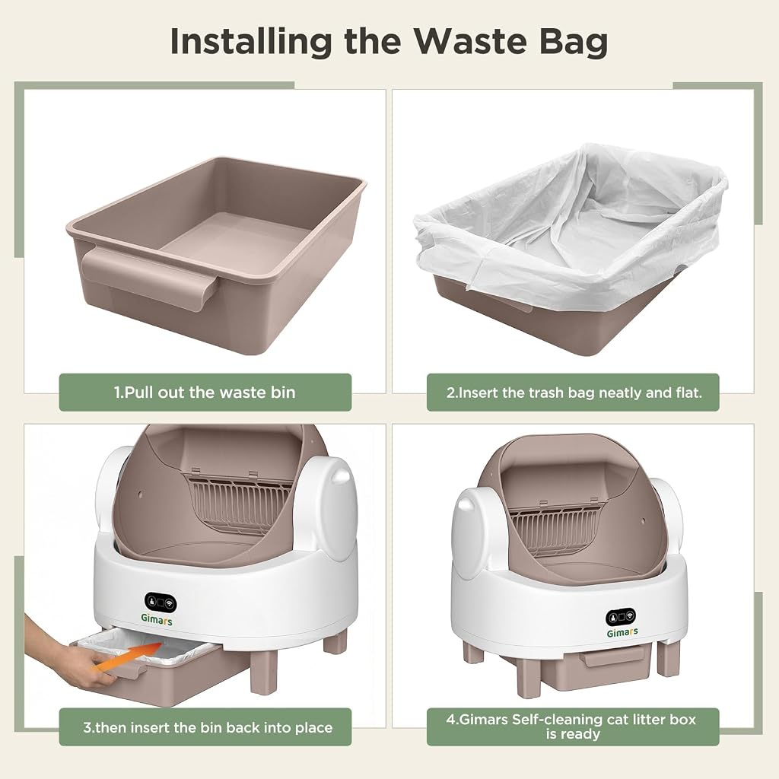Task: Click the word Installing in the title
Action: click(251, 43)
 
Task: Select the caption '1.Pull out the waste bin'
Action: click(205, 393)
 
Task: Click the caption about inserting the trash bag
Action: click(574, 393)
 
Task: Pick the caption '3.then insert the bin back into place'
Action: click(208, 727)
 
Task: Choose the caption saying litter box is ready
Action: click(572, 727)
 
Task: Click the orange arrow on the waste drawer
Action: click(129, 657)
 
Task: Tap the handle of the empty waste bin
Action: click(150, 278)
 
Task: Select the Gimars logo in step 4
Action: click(622, 632)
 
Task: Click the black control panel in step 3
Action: click(161, 602)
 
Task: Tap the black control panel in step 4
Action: click(621, 617)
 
